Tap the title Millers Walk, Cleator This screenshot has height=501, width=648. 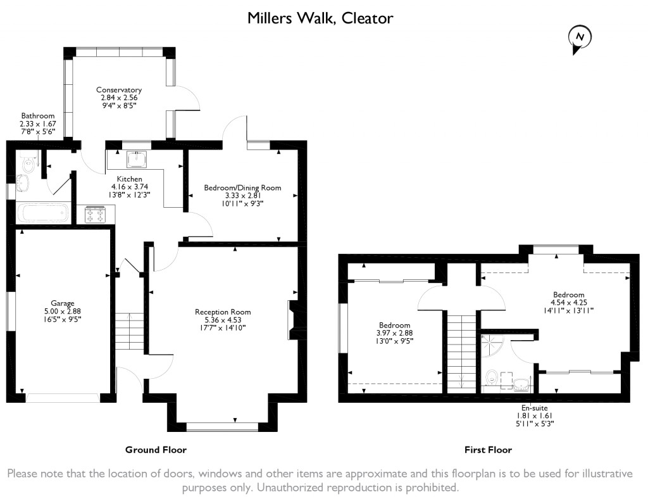point(320,18)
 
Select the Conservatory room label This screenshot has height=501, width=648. point(119,90)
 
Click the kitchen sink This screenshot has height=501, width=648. point(137,160)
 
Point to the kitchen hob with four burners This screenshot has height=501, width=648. point(94,214)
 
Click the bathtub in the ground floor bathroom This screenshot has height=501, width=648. point(43,213)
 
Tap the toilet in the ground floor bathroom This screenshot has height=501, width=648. point(27,163)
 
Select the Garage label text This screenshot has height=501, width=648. point(63,303)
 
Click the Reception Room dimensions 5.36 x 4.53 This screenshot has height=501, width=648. point(223,320)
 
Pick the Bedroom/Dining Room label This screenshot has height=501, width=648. point(242,188)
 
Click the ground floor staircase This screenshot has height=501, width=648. point(129,332)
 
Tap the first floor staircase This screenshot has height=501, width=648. point(461,353)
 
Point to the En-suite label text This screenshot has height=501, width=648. point(534,408)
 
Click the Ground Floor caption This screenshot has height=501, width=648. point(156,450)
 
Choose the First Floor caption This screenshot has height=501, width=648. point(488,450)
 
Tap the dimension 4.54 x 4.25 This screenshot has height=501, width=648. point(569,302)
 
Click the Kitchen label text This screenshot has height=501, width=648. point(129,179)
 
